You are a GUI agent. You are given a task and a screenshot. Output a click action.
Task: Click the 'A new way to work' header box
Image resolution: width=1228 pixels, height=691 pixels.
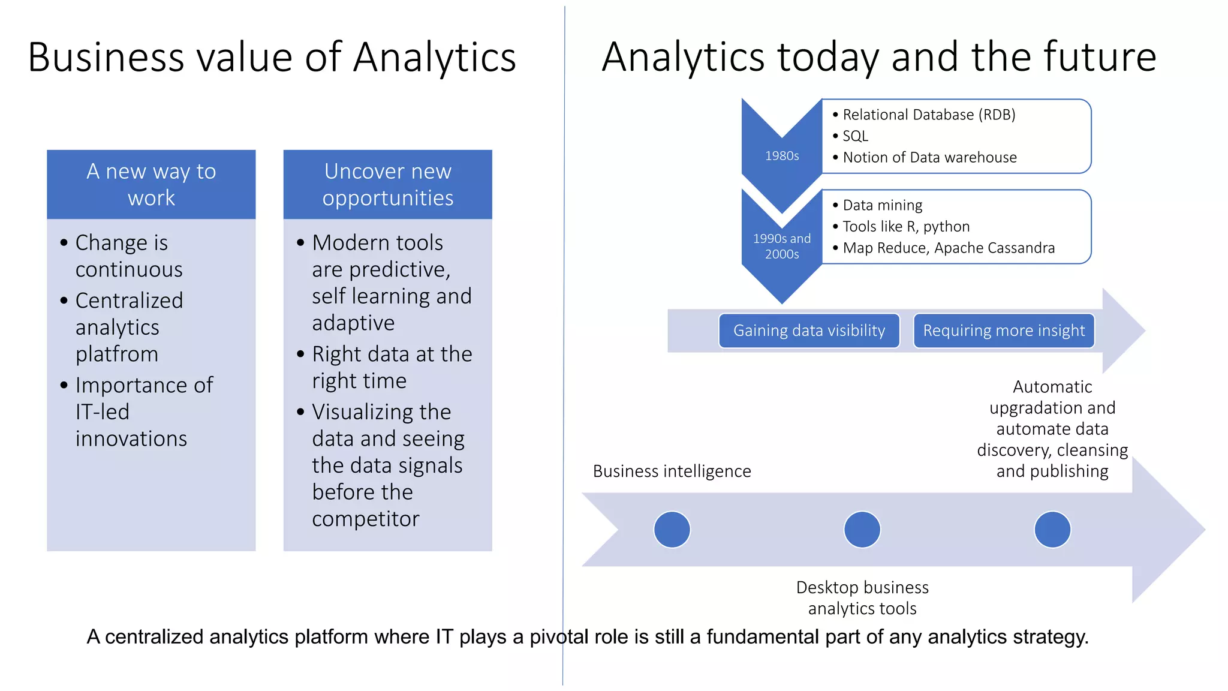pyautogui.click(x=151, y=184)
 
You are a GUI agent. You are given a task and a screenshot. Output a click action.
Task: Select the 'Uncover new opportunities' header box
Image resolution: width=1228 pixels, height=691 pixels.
pyautogui.click(x=387, y=184)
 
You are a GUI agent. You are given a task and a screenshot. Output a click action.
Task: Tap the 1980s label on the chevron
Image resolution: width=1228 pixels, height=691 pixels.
pyautogui.click(x=782, y=156)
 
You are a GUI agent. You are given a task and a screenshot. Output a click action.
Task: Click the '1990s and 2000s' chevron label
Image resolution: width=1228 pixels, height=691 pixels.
pyautogui.click(x=782, y=247)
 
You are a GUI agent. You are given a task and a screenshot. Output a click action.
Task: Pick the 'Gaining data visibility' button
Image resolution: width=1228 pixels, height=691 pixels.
pyautogui.click(x=809, y=331)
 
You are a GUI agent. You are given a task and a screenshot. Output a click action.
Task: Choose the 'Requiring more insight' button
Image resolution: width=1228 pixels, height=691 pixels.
pyautogui.click(x=1004, y=331)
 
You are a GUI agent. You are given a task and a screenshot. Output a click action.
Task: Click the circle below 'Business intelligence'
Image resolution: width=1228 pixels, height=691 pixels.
pyautogui.click(x=672, y=530)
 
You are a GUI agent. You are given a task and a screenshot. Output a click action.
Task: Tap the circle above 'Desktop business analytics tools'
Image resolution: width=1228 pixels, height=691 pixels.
pyautogui.click(x=862, y=530)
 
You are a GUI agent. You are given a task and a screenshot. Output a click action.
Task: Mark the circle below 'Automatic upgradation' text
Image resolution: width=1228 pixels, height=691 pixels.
pyautogui.click(x=1052, y=530)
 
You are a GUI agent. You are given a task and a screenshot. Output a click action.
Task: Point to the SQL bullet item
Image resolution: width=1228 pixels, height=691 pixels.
pyautogui.click(x=855, y=136)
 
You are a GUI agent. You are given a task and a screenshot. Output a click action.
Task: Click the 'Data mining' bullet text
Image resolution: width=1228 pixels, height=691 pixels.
pyautogui.click(x=882, y=205)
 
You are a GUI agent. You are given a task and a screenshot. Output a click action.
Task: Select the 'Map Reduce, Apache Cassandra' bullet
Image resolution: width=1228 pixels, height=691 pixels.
pyautogui.click(x=948, y=248)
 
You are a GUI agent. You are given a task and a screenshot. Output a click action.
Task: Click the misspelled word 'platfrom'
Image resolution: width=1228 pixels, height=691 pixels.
pyautogui.click(x=117, y=354)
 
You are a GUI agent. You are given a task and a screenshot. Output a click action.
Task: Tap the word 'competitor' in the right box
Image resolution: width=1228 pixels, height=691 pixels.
pyautogui.click(x=366, y=519)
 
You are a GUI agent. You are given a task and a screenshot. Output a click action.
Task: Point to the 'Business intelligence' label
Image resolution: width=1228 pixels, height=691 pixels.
pyautogui.click(x=672, y=471)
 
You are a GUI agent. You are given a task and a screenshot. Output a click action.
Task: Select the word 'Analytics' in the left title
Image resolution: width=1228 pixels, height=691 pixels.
pyautogui.click(x=435, y=58)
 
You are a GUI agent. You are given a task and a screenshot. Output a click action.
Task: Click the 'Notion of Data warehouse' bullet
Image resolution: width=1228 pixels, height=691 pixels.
pyautogui.click(x=929, y=158)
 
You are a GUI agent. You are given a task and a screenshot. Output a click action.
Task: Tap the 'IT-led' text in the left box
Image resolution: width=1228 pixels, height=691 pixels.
pyautogui.click(x=103, y=412)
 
